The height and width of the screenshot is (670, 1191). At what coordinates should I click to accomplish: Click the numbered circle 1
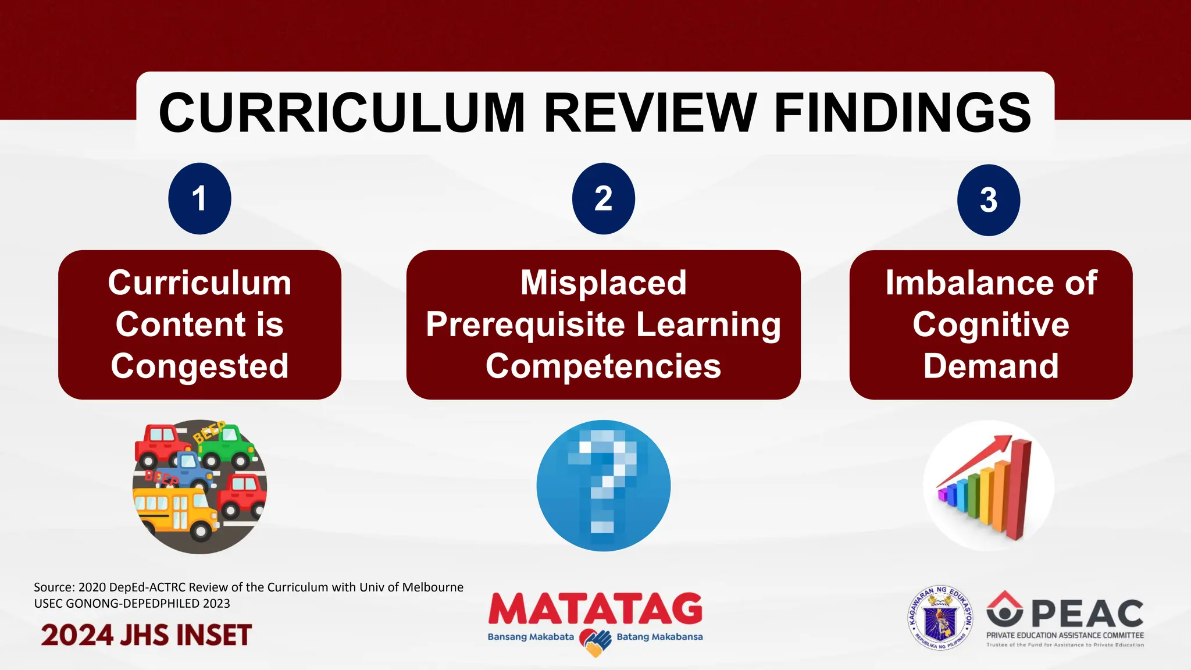pyautogui.click(x=199, y=198)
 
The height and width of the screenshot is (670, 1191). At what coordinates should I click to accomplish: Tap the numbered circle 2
pyautogui.click(x=603, y=198)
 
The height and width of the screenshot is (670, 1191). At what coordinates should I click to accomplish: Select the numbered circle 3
pyautogui.click(x=988, y=200)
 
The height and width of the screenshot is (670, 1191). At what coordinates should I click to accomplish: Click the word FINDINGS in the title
pyautogui.click(x=903, y=113)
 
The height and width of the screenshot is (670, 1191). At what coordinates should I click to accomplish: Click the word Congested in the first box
pyautogui.click(x=199, y=366)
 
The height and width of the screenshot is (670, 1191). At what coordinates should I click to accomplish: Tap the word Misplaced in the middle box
pyautogui.click(x=603, y=283)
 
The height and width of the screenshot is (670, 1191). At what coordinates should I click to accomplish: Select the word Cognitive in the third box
pyautogui.click(x=990, y=324)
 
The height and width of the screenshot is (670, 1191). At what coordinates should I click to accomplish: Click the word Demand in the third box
pyautogui.click(x=990, y=366)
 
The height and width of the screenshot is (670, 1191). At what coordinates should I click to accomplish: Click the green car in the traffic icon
pyautogui.click(x=227, y=445)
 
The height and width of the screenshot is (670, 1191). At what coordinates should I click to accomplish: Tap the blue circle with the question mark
pyautogui.click(x=603, y=486)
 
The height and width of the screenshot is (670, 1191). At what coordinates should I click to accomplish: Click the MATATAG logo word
pyautogui.click(x=595, y=610)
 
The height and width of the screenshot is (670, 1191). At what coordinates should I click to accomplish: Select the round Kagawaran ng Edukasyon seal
pyautogui.click(x=940, y=618)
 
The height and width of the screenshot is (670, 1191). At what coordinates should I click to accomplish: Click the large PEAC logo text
pyautogui.click(x=1087, y=614)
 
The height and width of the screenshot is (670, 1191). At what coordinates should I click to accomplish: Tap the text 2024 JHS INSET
pyautogui.click(x=146, y=635)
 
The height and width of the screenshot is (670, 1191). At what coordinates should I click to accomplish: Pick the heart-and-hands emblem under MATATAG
pyautogui.click(x=595, y=642)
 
